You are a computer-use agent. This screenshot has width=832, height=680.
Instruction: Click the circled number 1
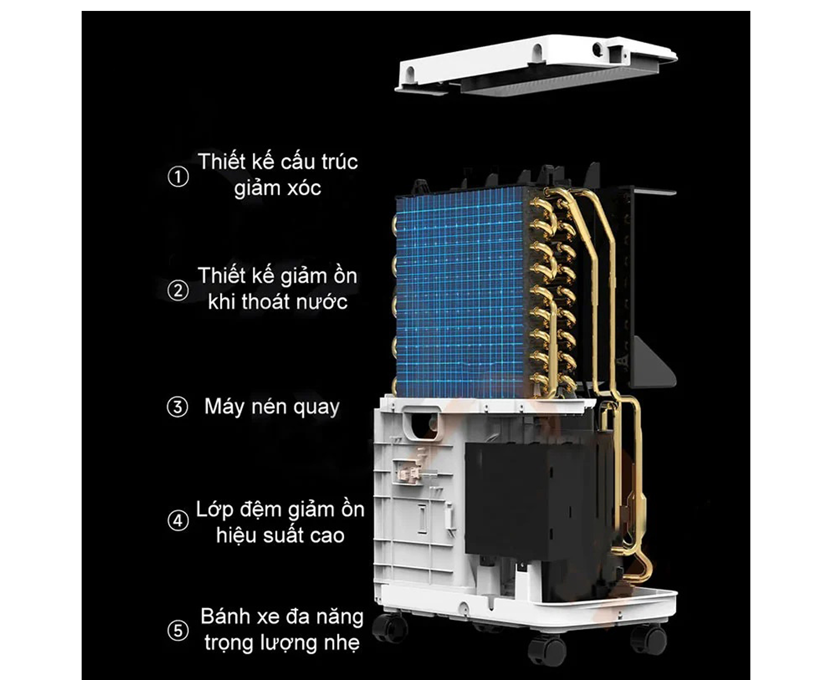click(178, 176)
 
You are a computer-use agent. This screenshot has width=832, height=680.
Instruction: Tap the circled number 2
click(178, 290)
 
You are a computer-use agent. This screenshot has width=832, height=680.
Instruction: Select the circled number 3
click(177, 407)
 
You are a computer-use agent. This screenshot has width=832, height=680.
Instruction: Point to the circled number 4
click(178, 520)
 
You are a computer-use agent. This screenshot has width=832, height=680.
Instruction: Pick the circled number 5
click(178, 630)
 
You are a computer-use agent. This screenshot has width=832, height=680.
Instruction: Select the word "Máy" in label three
click(224, 407)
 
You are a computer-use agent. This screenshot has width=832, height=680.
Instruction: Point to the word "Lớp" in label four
click(215, 510)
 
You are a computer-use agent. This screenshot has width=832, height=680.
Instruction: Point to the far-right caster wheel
click(648, 640)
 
